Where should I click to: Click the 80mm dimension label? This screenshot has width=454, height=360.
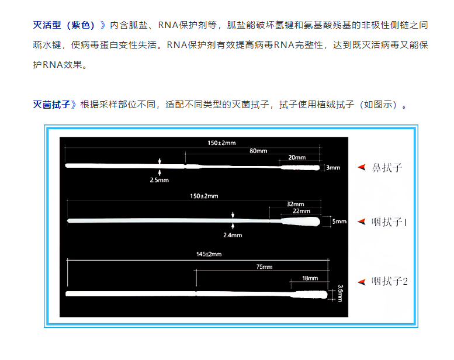pos(258,151)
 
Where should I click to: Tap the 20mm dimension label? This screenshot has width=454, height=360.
pos(297,158)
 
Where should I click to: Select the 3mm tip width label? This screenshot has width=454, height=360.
pos(333,168)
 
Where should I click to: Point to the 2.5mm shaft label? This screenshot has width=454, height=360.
pos(160,180)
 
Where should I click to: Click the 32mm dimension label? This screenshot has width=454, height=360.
pos(295,204)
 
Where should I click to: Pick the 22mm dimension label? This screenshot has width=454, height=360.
pos(301,211)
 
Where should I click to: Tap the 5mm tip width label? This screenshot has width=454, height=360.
pos(339,221)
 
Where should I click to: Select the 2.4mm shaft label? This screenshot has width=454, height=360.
pos(233,235)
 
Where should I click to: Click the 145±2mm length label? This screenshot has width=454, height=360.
pos(209,254)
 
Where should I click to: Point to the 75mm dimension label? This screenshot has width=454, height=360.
pos(264,266)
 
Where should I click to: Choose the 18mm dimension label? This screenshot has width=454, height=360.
pos(310,278)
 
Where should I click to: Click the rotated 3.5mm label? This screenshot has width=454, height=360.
pos(341,293)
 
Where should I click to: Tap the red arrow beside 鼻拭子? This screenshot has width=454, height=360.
pos(362,167)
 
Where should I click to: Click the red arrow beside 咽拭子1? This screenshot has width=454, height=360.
pos(362,222)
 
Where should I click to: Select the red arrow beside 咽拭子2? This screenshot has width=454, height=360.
pos(362,282)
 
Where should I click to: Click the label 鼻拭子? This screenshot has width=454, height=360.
pos(387,168)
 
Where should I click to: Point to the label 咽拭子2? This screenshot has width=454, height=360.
pos(389,282)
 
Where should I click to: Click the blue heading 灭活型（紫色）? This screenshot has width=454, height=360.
pos(64,25)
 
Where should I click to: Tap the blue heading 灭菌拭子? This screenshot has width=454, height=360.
pos(51,104)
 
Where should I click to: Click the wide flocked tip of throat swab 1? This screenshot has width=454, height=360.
pos(301,221)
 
